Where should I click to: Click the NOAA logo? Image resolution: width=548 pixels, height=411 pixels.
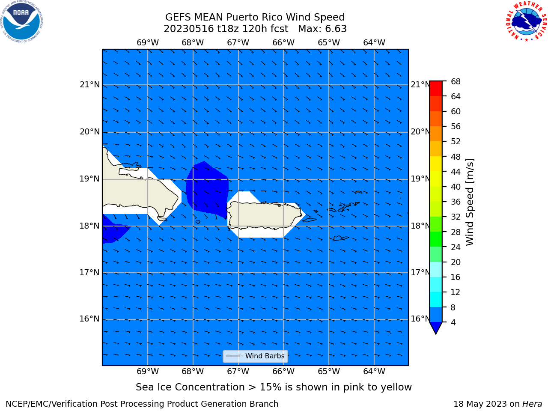coord(21,21)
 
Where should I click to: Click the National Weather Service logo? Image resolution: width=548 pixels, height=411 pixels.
coord(526,21)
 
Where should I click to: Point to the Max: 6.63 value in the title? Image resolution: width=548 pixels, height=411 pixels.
coord(322,29)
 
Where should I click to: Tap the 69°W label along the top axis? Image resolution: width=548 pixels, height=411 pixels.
coord(148,42)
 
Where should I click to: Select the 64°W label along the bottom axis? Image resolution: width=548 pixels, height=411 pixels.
coord(374,371)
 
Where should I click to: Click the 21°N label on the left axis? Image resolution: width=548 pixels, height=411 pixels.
coord(89,85)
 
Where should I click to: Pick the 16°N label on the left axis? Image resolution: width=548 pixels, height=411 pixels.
coord(89,319)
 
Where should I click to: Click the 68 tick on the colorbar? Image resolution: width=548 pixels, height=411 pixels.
coord(456,81)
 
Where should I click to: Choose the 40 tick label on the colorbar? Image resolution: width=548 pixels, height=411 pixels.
coord(456,187)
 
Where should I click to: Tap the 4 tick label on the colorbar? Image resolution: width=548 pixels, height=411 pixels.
coord(453,322)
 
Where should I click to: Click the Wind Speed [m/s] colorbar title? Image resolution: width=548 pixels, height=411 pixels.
coord(470,202)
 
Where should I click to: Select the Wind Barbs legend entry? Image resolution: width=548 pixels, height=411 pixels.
coord(255,356)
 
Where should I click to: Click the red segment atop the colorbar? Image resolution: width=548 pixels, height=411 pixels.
coord(436,89)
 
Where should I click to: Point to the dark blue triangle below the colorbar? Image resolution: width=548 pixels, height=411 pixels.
coord(436,328)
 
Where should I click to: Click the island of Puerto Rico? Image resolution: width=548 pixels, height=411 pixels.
coord(265,215)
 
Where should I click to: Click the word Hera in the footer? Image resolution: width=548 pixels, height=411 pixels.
coord(532,404)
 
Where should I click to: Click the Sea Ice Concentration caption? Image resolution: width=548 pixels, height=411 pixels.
coord(274,387)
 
